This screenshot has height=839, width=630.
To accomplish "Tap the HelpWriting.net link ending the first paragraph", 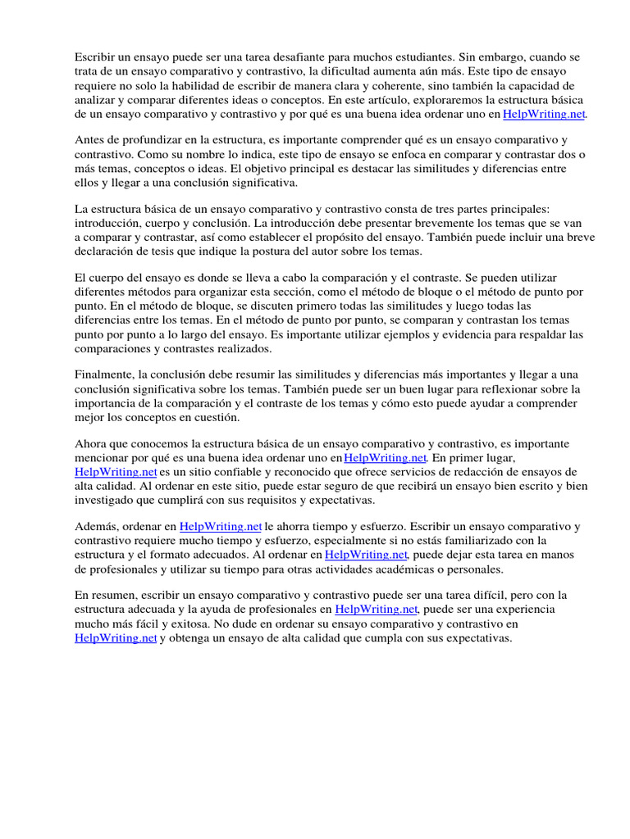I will click(x=544, y=115).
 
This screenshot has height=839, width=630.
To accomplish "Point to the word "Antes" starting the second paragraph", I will click(x=90, y=140).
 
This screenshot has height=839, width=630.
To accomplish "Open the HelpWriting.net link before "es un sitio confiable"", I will click(x=116, y=472).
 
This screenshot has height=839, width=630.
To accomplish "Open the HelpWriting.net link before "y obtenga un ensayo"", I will click(x=116, y=639).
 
